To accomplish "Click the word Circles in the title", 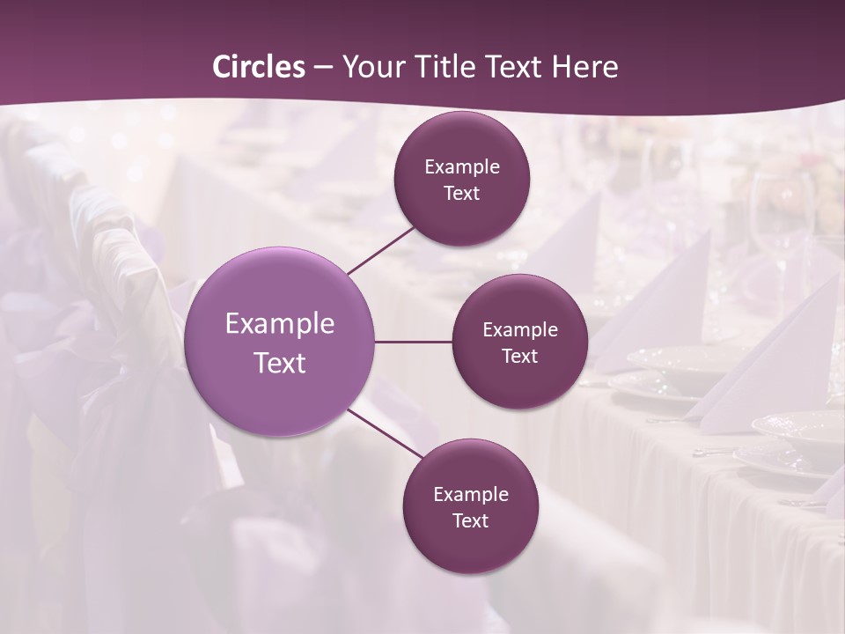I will coord(259,67).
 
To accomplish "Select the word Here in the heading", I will coord(584,67).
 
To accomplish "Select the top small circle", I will coord(462,141).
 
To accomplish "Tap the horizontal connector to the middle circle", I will coord(413,342).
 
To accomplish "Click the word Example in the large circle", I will coord(280,324).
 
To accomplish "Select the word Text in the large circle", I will coord(280,363).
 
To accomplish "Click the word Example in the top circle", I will coord(462,167).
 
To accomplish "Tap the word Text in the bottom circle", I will coord(470,520).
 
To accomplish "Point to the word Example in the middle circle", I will coord(520,330).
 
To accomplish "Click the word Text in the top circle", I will coord(462,194).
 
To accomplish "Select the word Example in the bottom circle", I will coord(470,494).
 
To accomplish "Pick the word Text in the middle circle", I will coord(520,357).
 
